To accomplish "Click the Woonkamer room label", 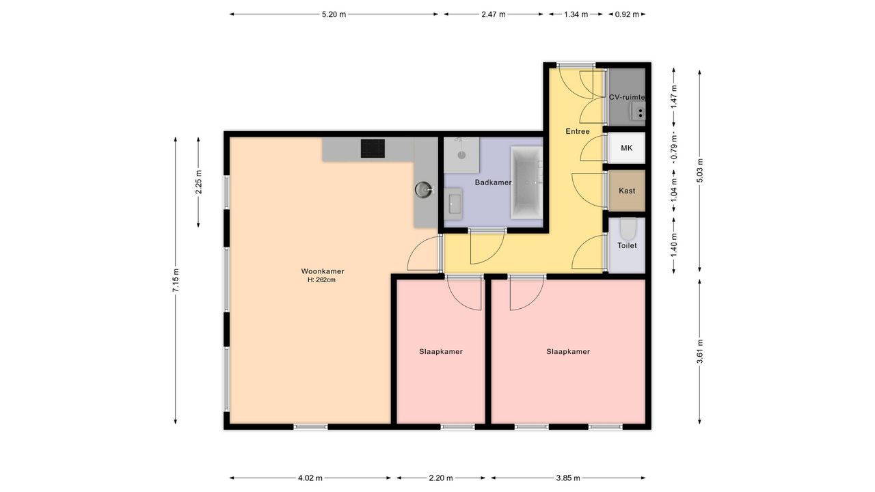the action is coord(322,271).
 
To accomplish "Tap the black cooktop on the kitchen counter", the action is coord(373,148).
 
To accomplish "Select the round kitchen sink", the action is coord(423,190).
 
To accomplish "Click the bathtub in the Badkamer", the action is coord(526,182).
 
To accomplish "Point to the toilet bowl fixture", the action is coord(628,229).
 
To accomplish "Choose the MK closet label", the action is coord(627,148).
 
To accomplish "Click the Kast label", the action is coord(627,191).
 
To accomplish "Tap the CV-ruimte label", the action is coord(627,97).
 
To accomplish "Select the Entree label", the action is coord(578,131).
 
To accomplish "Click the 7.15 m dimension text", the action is coord(176,280).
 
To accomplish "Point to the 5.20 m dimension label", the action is coord(334,14).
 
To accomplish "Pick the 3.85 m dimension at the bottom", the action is coord(568,478).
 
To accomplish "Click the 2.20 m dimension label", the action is coord(441,478).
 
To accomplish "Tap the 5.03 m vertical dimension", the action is coord(699,170).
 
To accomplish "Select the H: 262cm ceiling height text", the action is coord(321,280).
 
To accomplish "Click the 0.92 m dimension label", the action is coord(627,14).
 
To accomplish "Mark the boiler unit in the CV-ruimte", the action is coord(638,111).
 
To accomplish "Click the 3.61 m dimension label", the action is coord(699,351).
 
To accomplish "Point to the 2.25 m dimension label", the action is coord(199,182).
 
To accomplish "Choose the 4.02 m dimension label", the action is coord(310,478).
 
